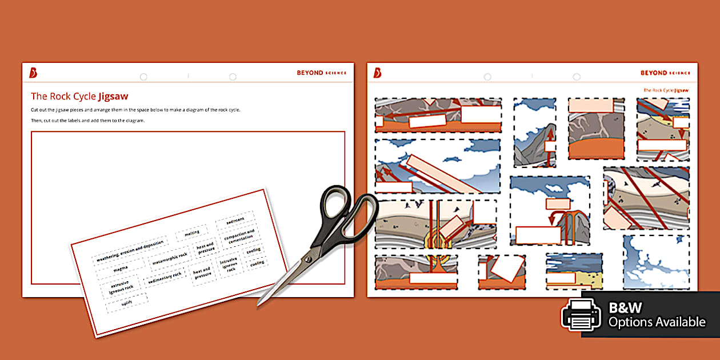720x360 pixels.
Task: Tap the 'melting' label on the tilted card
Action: coord(191,233)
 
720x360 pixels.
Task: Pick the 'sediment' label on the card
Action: coord(235,219)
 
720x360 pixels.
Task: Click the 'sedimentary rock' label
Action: coord(165,278)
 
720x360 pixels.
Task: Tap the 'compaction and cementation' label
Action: coord(239,236)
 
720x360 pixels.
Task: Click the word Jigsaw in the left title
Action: coord(113,96)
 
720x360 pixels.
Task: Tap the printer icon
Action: coord(581,315)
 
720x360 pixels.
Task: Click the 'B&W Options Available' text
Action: coord(657,315)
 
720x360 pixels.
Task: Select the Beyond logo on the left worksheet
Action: coord(34,73)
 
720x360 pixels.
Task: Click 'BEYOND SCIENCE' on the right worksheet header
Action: coord(665,73)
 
